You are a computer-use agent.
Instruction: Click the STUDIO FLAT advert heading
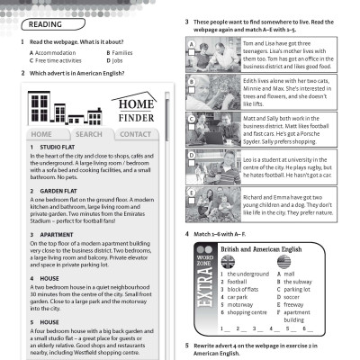click(52, 147)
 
